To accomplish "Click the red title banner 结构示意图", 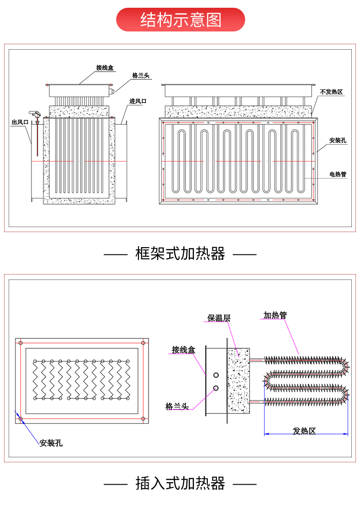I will [180, 20].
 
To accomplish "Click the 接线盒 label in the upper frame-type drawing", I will [105, 68].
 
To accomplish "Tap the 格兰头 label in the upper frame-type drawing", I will [141, 76].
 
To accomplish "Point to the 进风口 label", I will [138, 101].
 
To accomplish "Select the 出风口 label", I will [20, 122].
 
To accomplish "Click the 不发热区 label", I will [331, 92].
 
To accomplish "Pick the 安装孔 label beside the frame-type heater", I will [338, 140].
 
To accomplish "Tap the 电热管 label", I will [338, 174].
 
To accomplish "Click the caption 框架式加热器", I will [180, 253].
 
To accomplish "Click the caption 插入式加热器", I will [180, 483].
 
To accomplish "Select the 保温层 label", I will [219, 318].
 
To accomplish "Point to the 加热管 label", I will [275, 315].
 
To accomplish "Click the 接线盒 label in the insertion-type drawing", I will [183, 350].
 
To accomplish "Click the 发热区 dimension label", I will [304, 431].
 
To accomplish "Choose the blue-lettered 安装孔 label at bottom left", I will [51, 443].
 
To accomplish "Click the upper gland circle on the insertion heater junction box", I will [216, 375].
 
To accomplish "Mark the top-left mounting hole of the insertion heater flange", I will [21, 342].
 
